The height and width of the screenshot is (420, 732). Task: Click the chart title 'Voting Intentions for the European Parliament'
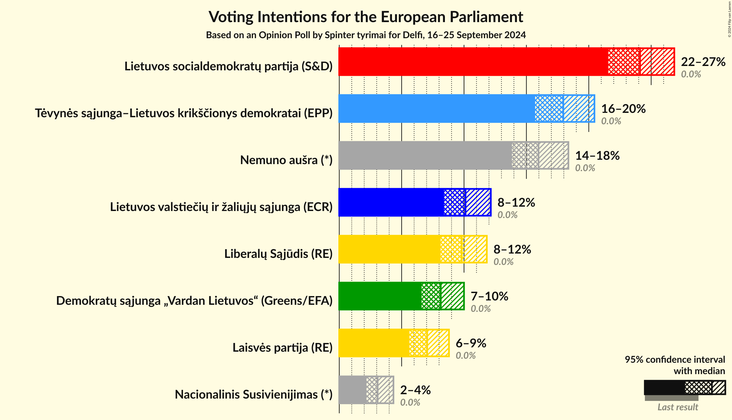click(x=366, y=17)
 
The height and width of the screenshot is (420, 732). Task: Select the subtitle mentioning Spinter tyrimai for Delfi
click(x=366, y=35)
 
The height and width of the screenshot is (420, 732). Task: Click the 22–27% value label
click(x=703, y=62)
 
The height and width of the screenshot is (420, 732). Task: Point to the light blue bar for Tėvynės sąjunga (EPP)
click(x=436, y=109)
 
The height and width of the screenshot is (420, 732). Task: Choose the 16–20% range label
click(x=623, y=109)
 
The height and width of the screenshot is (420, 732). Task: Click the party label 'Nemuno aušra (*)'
click(x=286, y=160)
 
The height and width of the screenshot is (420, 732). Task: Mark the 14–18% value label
click(x=597, y=156)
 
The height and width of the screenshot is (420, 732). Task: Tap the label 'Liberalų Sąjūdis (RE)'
click(x=278, y=254)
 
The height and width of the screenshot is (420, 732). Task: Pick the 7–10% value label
click(x=489, y=296)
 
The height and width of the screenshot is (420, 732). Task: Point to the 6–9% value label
click(x=471, y=343)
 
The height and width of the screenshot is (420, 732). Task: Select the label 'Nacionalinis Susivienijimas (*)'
click(x=254, y=395)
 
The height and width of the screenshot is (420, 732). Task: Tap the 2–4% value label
click(x=415, y=390)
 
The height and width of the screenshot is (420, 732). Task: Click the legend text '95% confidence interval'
click(x=674, y=360)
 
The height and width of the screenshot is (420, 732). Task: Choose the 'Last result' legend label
click(x=677, y=407)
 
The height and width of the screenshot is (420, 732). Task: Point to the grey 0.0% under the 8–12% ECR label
click(x=507, y=215)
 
